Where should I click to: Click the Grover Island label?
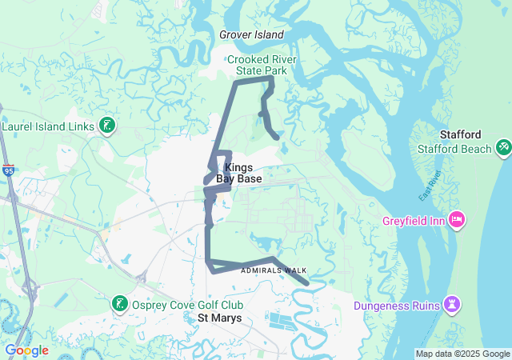[x=251, y=35]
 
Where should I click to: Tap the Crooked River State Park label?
[x=256, y=65]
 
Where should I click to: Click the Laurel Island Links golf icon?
[x=106, y=126]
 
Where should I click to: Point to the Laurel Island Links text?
[x=48, y=126]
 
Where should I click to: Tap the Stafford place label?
[x=461, y=134]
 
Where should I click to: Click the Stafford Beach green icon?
[x=503, y=148]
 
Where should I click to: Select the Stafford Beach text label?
[x=454, y=149]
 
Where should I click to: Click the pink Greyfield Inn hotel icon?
[x=457, y=218]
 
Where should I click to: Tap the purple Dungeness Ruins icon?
[x=453, y=305]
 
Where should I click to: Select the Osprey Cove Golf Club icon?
[x=118, y=304]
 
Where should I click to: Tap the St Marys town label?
[x=219, y=318]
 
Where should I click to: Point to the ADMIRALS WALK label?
[x=273, y=270]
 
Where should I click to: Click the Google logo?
[x=26, y=350]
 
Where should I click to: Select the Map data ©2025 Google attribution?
[x=462, y=354]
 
